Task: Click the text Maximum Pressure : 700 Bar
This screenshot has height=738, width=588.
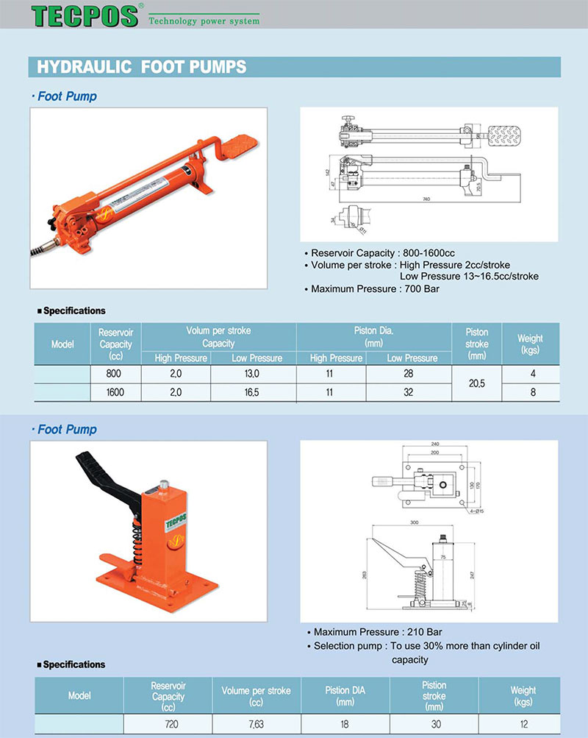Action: click(x=376, y=288)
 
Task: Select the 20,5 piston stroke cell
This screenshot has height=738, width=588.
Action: click(x=477, y=383)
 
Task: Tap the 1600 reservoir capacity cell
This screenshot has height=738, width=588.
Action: click(x=115, y=392)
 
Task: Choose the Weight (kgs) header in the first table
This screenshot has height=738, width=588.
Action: click(x=530, y=343)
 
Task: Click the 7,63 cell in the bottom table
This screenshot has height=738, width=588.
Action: click(x=256, y=724)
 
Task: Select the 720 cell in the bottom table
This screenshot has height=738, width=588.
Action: click(x=171, y=724)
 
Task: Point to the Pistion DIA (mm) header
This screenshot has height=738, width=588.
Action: click(x=345, y=695)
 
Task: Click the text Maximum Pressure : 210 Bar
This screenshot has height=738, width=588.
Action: click(x=378, y=631)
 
